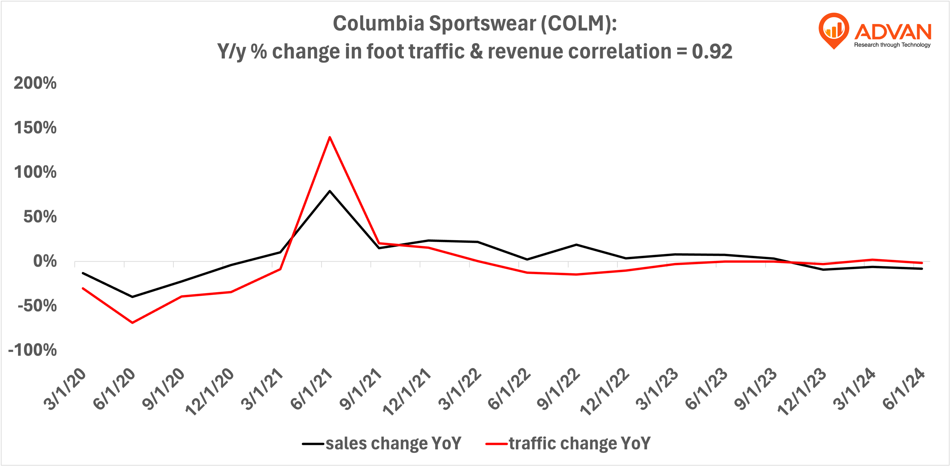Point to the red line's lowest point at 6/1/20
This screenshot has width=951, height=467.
pyautogui.click(x=132, y=323)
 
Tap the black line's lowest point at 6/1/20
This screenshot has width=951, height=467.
pyautogui.click(x=132, y=297)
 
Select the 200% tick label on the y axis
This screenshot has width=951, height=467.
pyautogui.click(x=35, y=83)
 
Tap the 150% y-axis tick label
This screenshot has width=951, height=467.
pyautogui.click(x=35, y=128)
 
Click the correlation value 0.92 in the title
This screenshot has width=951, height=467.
pyautogui.click(x=712, y=51)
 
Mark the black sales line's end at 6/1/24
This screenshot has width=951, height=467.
pyautogui.click(x=922, y=269)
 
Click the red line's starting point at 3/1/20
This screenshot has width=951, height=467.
pyautogui.click(x=83, y=288)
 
